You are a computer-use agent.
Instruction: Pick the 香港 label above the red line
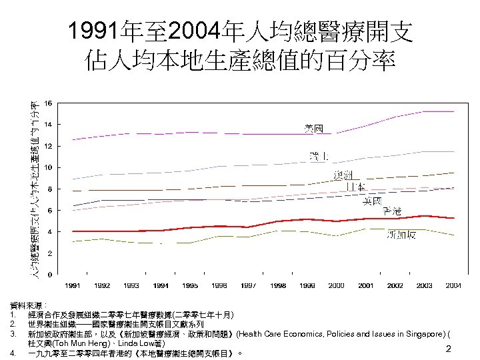[392, 211]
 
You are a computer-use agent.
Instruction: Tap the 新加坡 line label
[403, 235]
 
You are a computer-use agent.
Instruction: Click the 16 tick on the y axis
[47, 103]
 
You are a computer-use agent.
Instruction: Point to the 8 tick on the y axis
[49, 189]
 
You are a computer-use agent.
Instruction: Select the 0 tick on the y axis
[49, 275]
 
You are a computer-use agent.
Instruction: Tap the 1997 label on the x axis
[248, 285]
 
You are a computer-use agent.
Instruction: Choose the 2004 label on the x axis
[453, 285]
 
